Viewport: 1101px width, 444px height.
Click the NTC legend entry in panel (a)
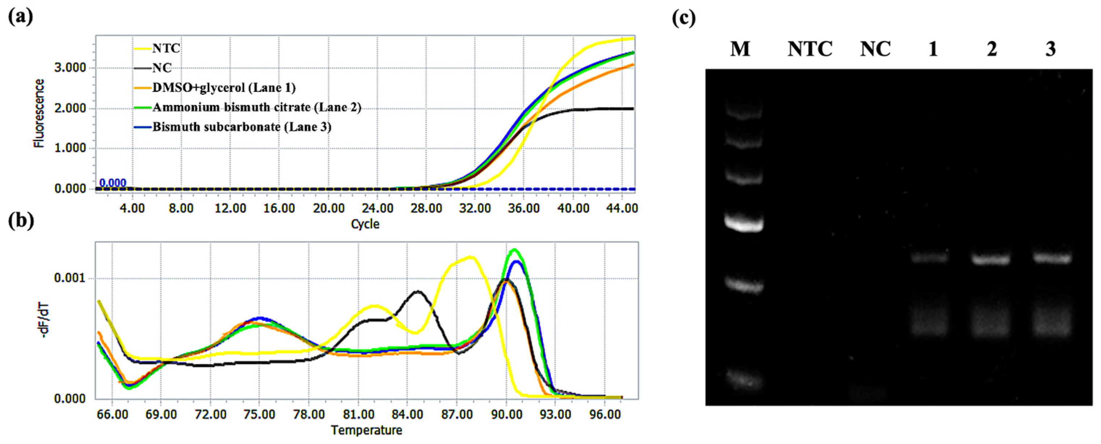point(166,48)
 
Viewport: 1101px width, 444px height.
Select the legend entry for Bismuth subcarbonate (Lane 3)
point(242,127)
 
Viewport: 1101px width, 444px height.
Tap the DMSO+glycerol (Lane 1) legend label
point(224,88)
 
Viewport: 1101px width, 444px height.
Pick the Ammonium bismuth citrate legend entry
point(256,107)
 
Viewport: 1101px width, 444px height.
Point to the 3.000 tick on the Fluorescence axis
point(70,68)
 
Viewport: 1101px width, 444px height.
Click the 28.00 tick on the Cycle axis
point(426,208)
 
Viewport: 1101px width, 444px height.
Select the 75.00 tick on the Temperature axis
point(259,414)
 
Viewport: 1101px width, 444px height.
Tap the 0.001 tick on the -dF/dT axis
point(70,279)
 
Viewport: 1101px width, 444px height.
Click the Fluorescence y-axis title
point(39,113)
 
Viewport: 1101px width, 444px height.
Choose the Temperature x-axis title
point(366,430)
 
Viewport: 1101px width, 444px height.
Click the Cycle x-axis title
point(365,224)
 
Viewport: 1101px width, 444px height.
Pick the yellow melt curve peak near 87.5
point(470,258)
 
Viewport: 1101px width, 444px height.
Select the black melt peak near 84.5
point(417,292)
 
